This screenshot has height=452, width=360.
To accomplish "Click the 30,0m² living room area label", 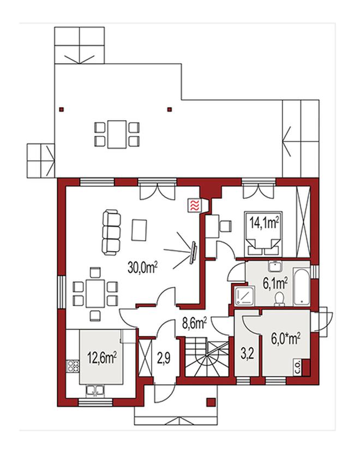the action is point(142,267).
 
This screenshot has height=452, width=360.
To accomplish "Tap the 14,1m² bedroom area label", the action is point(264,223).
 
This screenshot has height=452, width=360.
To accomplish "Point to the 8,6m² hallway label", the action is point(195,323).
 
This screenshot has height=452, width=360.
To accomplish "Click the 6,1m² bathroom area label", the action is point(275,283).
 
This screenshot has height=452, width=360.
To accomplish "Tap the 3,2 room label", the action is point(247,354).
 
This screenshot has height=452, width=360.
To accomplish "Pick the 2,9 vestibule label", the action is point(164,358).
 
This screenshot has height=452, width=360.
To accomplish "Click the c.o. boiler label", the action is point(297,367).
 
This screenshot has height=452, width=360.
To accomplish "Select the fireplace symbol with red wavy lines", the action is point(194,205).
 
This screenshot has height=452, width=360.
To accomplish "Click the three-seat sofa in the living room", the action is point(111,233).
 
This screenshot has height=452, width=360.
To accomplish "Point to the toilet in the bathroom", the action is point(279,299).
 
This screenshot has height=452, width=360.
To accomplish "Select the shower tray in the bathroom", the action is point(245,295).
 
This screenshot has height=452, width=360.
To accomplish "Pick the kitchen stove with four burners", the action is point(73,366).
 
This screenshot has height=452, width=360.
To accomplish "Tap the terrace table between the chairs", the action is point(117,134).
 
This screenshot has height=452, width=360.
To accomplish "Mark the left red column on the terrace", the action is point(61,110).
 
